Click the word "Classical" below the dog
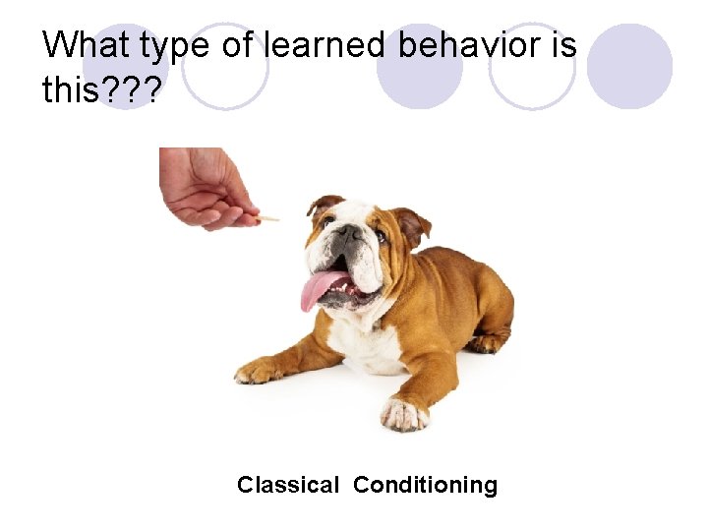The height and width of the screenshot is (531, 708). [x=288, y=485]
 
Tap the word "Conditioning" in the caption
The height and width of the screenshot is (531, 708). [x=425, y=485]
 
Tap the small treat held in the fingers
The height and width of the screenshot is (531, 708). [x=268, y=217]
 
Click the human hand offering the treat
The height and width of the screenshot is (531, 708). [x=205, y=187]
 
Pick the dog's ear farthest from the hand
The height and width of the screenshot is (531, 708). [x=411, y=224]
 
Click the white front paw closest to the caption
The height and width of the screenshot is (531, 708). [x=404, y=414]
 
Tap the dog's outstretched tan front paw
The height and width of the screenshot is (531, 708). [x=259, y=371]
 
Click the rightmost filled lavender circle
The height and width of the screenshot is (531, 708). [x=630, y=66]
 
